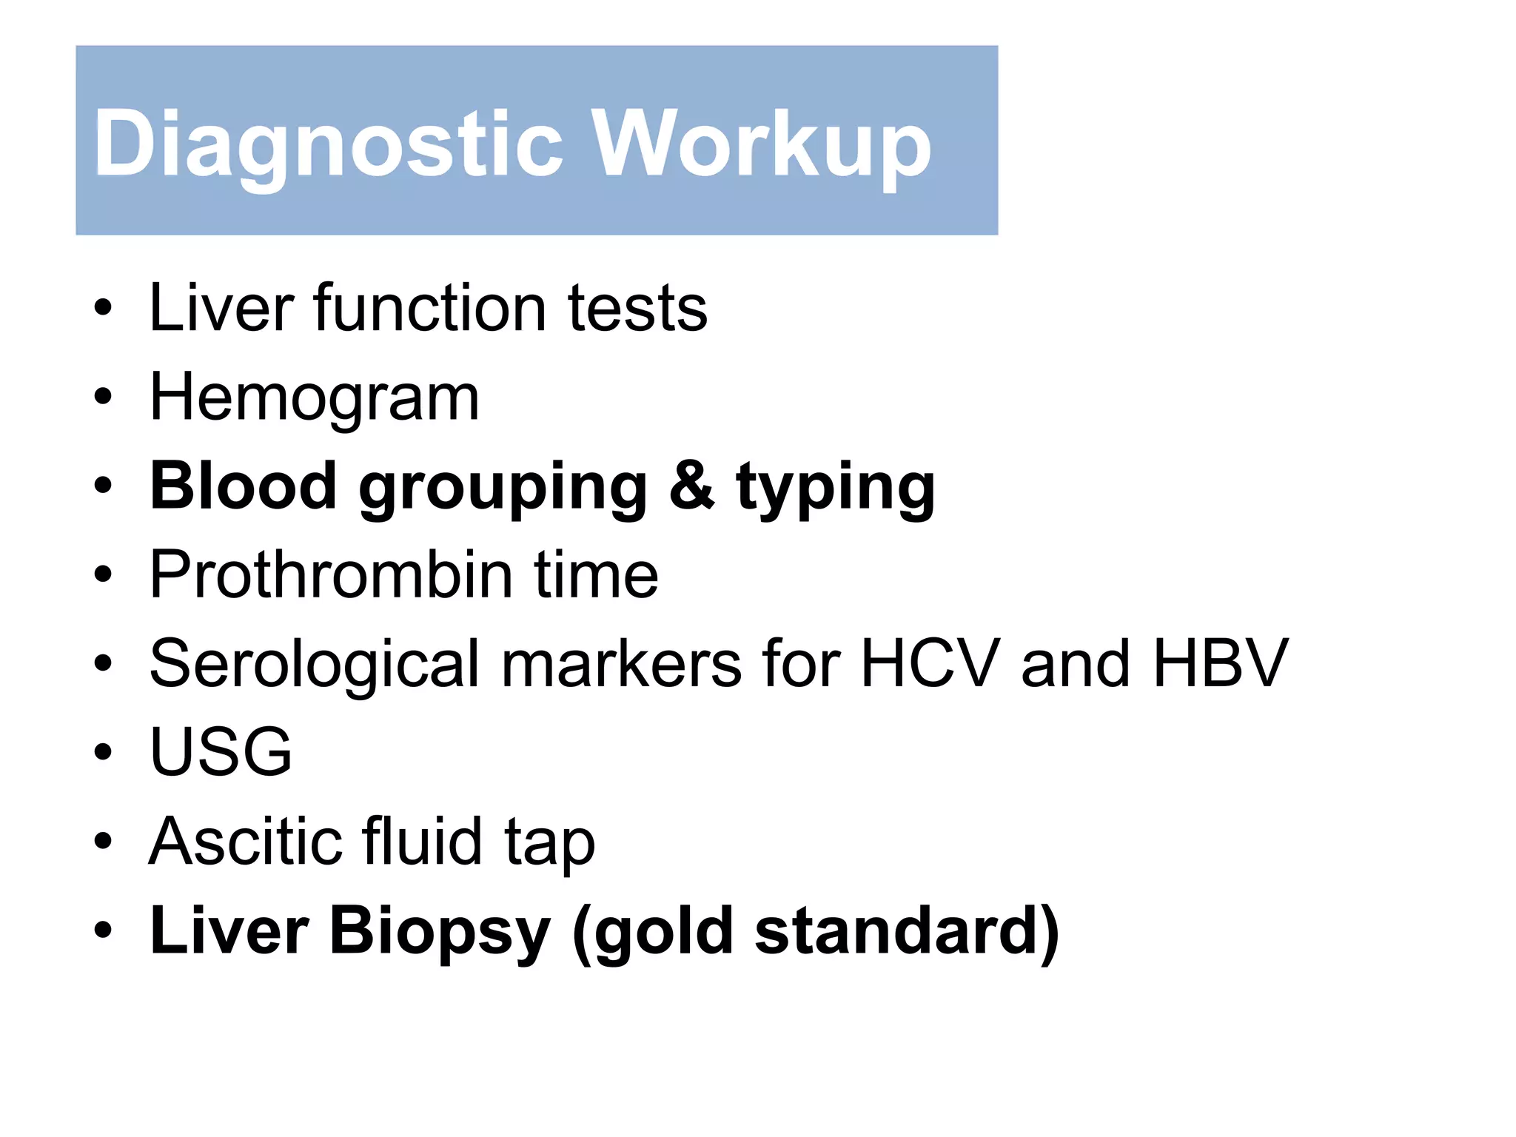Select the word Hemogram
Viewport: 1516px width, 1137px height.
(315, 399)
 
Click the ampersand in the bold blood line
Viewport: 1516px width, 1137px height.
(691, 486)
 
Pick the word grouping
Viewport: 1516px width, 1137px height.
(503, 489)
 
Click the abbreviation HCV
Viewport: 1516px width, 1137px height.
(929, 664)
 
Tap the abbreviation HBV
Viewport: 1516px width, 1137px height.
(1221, 664)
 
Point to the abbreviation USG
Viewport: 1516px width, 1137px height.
(221, 752)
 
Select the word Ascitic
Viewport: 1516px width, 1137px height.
(245, 842)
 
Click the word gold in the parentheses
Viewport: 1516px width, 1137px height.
(663, 933)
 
